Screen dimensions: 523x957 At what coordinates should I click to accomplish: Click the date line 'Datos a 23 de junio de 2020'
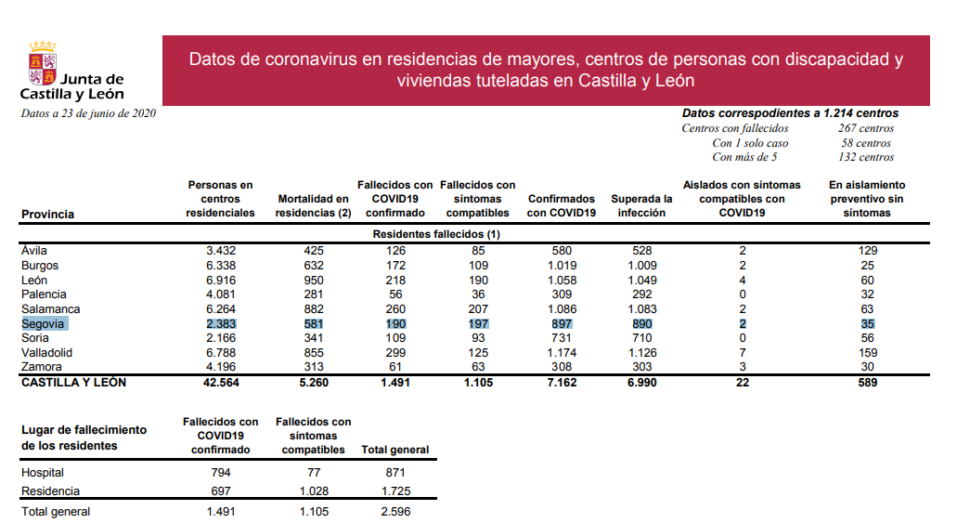(x=88, y=113)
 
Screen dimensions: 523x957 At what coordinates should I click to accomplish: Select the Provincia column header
(x=47, y=215)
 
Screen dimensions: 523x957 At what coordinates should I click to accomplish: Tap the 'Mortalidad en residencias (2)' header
(x=313, y=205)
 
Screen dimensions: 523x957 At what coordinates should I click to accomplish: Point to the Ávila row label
(x=33, y=250)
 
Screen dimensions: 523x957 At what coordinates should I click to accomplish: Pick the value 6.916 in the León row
(x=220, y=280)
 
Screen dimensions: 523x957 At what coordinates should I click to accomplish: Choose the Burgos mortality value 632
(x=313, y=265)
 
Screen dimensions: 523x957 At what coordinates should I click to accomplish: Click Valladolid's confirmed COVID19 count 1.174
(x=561, y=353)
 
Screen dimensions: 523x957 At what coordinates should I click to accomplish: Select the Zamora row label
(x=40, y=368)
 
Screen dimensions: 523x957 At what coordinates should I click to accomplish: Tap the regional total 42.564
(x=220, y=383)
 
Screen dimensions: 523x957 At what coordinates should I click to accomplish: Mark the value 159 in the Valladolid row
(x=867, y=353)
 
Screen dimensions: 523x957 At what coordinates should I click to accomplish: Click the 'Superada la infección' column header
(x=641, y=205)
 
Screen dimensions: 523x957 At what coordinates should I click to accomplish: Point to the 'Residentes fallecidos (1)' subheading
(x=436, y=234)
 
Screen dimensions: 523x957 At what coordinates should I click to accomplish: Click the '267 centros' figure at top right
(x=865, y=128)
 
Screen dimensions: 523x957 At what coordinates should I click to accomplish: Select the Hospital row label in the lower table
(x=43, y=473)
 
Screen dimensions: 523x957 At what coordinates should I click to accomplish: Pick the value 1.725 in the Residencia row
(x=394, y=491)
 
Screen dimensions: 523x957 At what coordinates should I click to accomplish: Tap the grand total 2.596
(x=394, y=512)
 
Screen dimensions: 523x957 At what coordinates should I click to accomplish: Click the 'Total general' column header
(x=394, y=450)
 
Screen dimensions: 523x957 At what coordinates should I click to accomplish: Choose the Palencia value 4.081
(x=220, y=294)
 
